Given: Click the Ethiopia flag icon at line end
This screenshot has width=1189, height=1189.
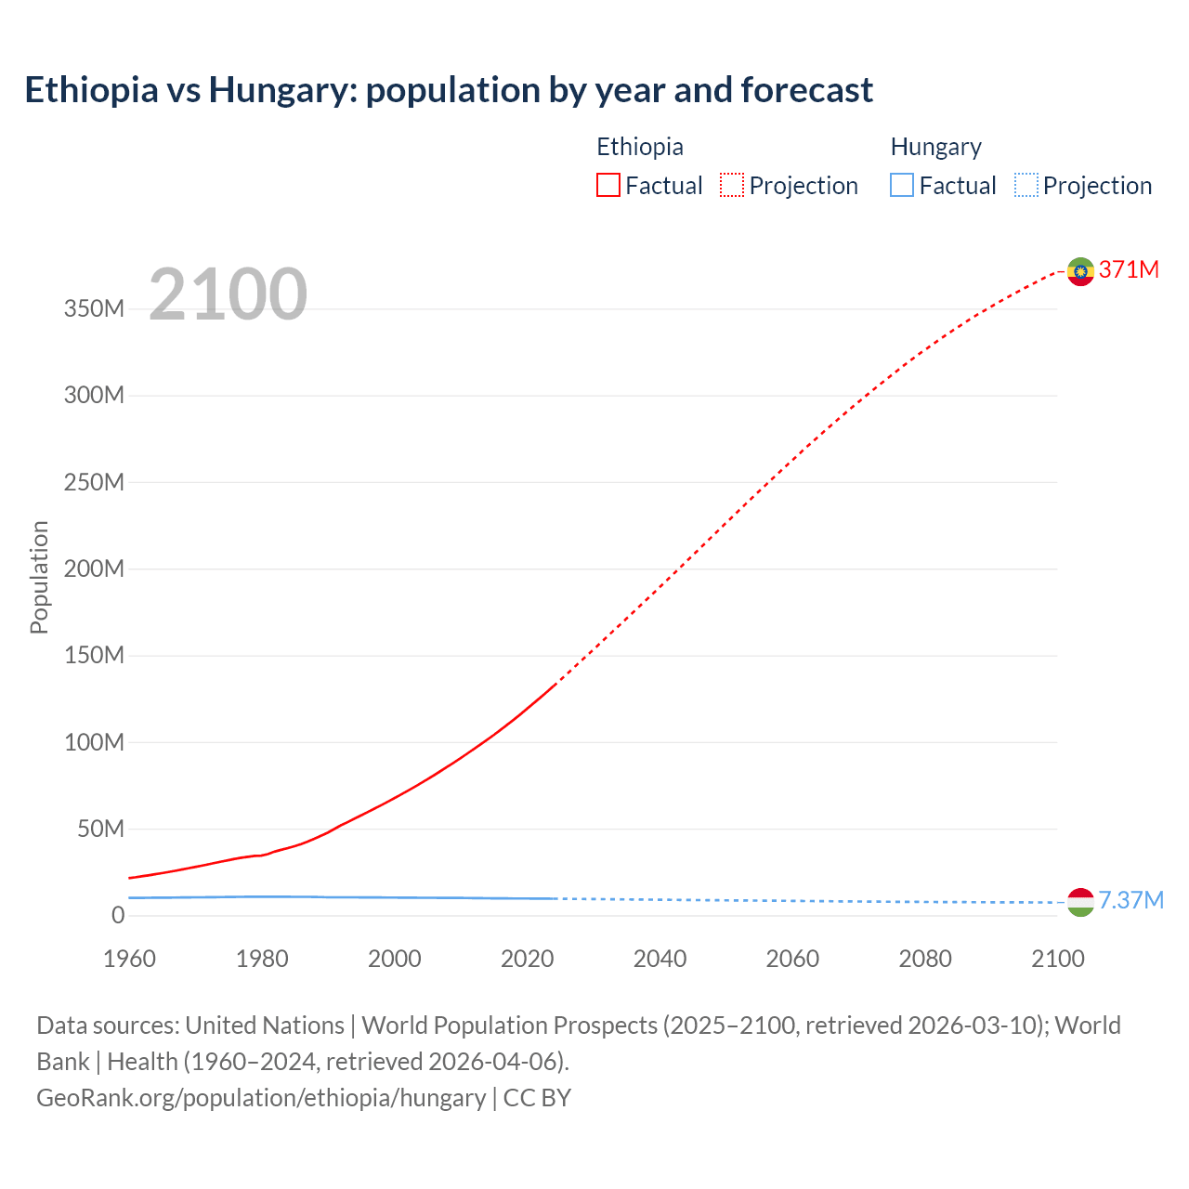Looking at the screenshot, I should coord(1080,271).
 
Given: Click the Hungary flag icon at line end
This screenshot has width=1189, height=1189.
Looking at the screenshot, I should coord(1080,902).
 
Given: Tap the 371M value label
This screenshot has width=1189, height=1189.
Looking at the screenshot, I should coord(1129,269).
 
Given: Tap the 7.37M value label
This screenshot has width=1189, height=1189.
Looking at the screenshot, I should coord(1130,900).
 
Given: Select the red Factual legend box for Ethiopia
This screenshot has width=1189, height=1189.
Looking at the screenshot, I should coord(608,185).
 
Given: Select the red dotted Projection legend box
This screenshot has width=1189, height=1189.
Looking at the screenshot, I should coord(732,185).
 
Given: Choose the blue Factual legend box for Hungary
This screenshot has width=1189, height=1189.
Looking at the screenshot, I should coord(902,185).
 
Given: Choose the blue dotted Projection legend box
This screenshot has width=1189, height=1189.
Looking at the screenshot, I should coord(1026,185).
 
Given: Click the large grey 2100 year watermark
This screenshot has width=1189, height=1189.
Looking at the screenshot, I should coord(228,294).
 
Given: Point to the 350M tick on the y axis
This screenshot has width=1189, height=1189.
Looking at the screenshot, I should coord(94,308).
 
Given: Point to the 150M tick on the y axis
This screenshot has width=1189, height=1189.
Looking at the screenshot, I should coord(94,656).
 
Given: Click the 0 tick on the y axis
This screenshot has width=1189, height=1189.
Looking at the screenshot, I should coord(117,915).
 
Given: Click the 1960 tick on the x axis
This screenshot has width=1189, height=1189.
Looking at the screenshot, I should coord(129,959).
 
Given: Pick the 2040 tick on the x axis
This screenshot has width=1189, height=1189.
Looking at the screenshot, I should coord(660,959).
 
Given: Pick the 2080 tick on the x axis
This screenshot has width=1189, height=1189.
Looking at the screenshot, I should coord(925,959).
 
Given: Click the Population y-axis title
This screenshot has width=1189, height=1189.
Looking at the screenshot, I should coord(39,577).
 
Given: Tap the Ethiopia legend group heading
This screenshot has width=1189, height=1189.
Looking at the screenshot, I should coord(639,147).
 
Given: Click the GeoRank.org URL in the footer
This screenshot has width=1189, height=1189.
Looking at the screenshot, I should coord(260,1098).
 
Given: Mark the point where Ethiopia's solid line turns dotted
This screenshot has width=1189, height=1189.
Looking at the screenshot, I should coord(555,684).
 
